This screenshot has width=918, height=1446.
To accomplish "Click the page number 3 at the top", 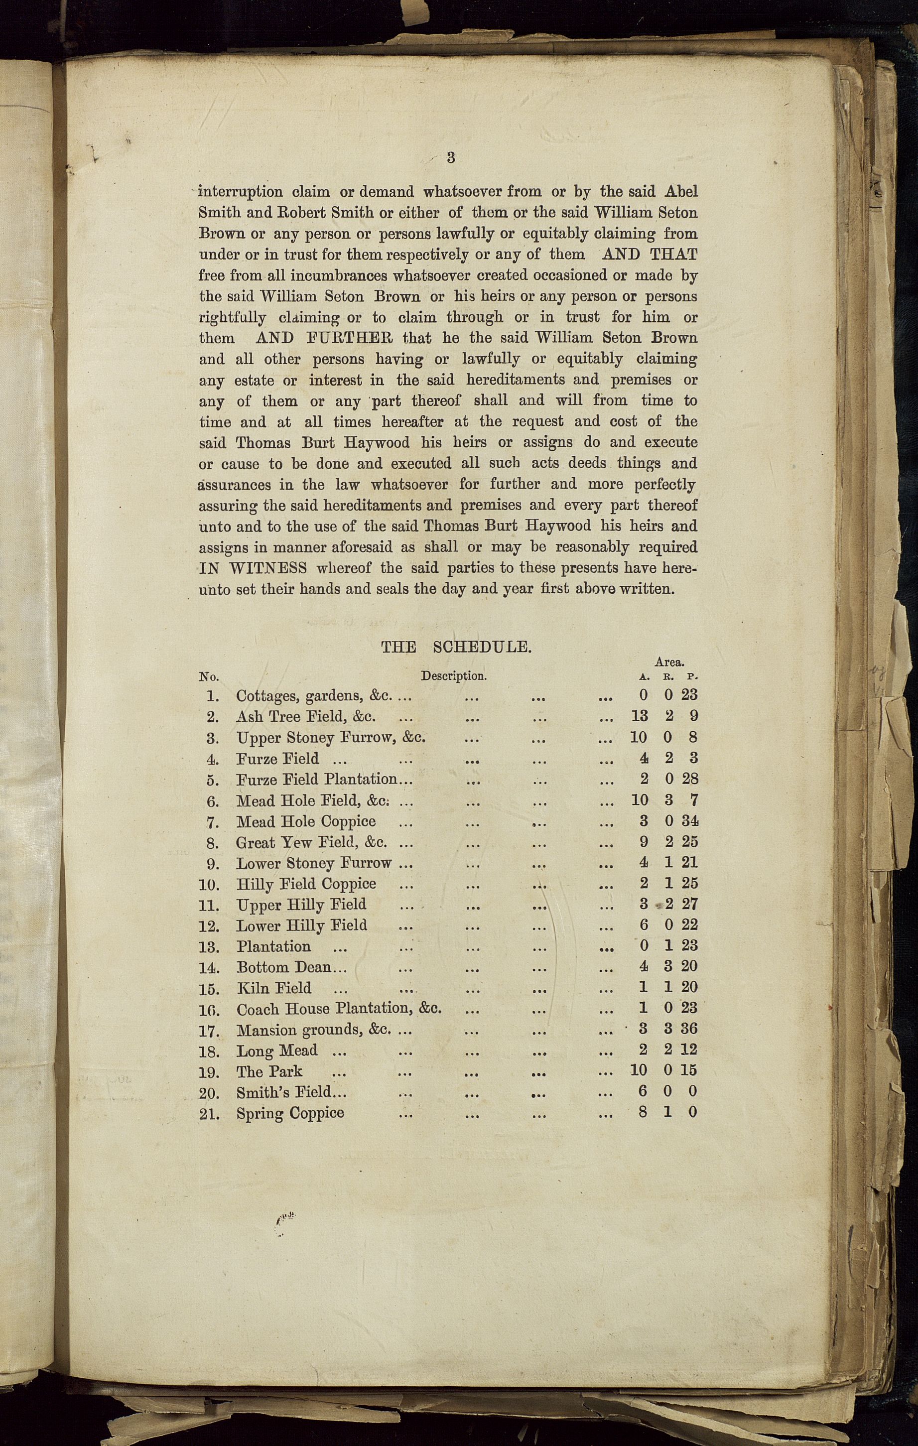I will [451, 158].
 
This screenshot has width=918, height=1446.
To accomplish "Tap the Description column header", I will [453, 675].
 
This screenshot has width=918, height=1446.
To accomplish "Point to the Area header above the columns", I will [669, 662].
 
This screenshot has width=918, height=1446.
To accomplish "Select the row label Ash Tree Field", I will [306, 716].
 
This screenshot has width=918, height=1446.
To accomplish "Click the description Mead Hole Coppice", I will [306, 821].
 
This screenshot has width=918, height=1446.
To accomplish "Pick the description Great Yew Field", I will [311, 842].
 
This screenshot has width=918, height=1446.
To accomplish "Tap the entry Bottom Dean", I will [284, 967].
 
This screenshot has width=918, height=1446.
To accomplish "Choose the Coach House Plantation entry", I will [339, 1009].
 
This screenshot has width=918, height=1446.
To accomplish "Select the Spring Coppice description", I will [290, 1113].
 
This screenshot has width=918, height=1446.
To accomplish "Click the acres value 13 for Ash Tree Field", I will [640, 716].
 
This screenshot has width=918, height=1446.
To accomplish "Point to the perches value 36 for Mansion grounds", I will [689, 1029].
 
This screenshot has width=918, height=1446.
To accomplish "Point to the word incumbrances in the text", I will [339, 275].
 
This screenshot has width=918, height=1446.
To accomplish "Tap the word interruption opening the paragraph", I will [240, 192].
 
